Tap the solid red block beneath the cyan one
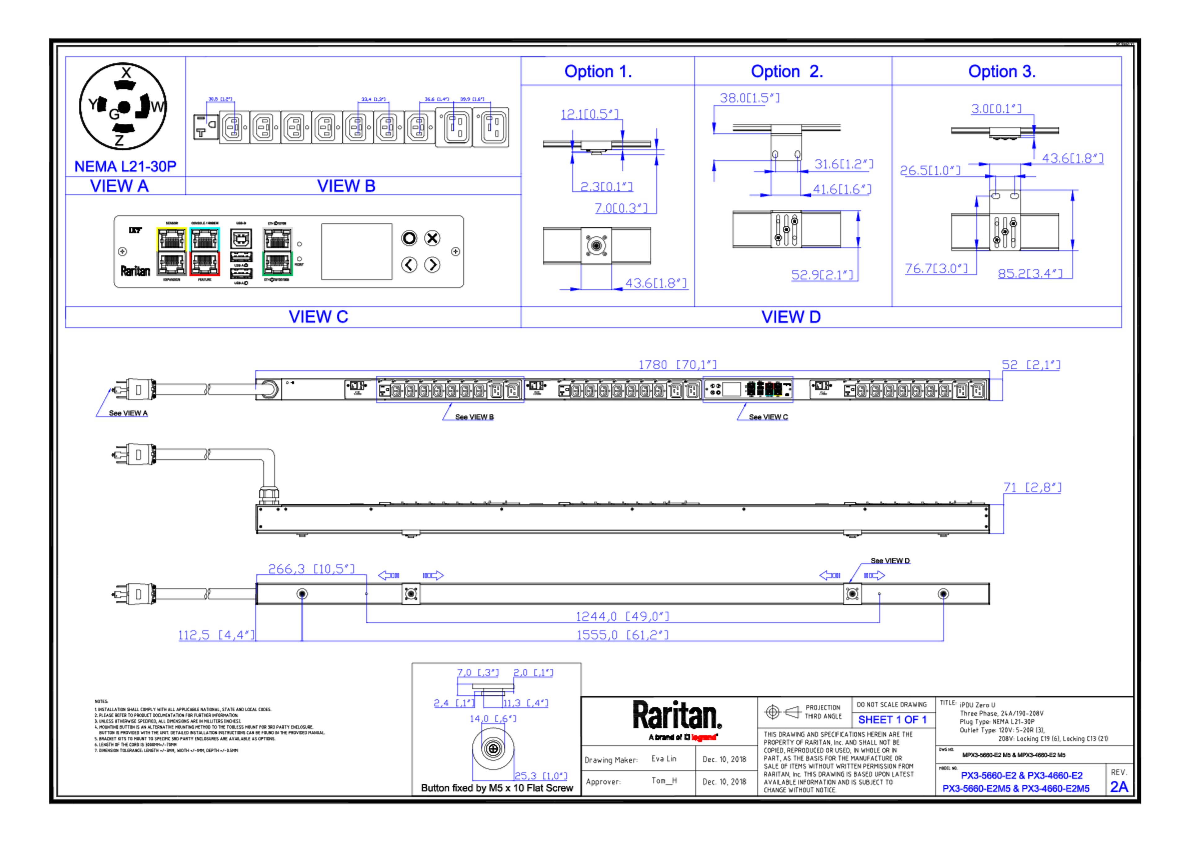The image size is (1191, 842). (x=224, y=264)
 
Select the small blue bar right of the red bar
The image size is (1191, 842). (x=896, y=721)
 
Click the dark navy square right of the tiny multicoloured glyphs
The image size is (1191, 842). (x=801, y=390)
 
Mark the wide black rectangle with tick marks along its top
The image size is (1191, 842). (x=356, y=143)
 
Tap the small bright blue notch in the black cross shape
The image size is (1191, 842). (x=981, y=243)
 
